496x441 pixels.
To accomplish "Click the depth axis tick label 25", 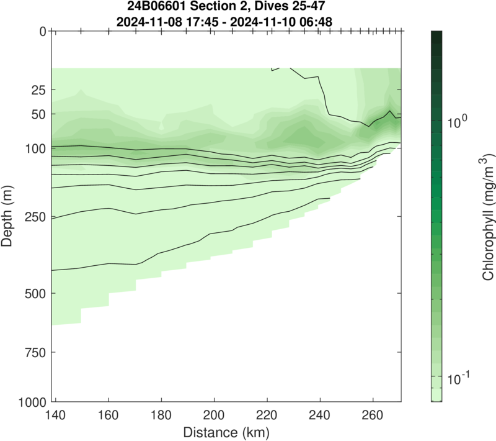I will click(37, 90).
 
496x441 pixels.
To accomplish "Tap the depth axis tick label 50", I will click(37, 114).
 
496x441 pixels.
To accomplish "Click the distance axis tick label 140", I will click(55, 414).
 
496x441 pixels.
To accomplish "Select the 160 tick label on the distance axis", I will click(108, 414).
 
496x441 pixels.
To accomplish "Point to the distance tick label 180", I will click(161, 414).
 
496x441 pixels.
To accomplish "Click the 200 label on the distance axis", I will click(215, 414).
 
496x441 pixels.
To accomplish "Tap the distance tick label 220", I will click(267, 414).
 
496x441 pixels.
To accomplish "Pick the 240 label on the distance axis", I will click(321, 414).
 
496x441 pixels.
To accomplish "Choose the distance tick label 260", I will click(373, 414).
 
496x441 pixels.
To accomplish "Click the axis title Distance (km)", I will click(226, 430).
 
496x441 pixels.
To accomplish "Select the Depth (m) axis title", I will click(9, 216).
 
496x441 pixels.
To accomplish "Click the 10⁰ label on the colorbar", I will click(460, 120).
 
